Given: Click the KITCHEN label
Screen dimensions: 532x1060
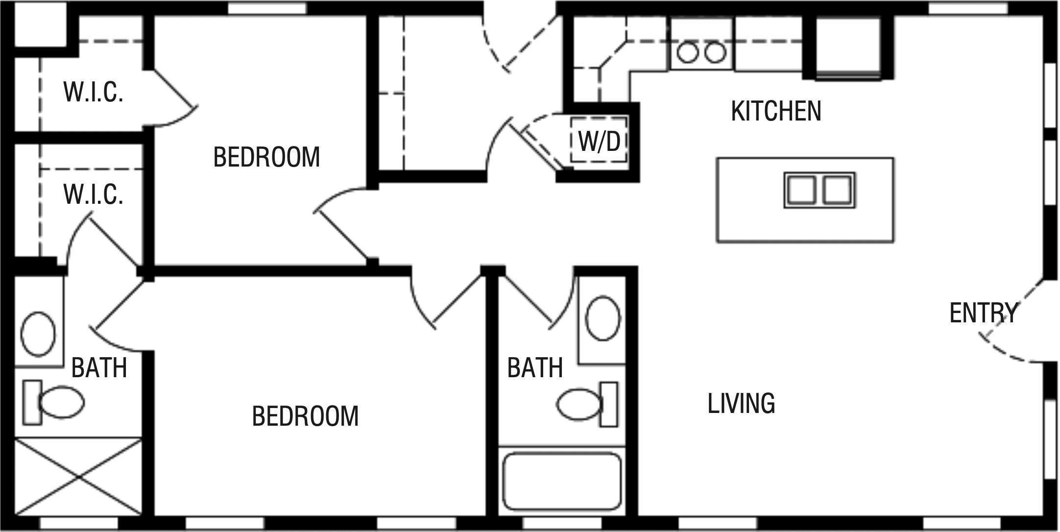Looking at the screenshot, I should (776, 111).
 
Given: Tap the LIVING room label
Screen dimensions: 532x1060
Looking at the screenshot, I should (741, 404).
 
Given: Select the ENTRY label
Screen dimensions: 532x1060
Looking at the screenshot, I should (983, 313).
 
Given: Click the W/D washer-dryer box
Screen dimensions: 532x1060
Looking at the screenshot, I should (599, 141).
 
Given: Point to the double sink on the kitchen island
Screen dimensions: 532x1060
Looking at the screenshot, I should (819, 190).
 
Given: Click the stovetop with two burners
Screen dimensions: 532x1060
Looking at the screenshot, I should (701, 52).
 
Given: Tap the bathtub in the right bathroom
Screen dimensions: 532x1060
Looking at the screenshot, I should (562, 481).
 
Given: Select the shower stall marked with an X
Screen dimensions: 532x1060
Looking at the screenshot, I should (78, 477).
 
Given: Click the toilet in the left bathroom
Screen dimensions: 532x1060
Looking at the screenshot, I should (54, 402).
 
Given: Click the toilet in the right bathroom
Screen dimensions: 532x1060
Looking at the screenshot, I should (586, 404).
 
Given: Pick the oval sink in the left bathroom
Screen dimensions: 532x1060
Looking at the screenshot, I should (38, 334).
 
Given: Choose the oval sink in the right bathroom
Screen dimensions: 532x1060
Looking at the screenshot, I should (603, 318).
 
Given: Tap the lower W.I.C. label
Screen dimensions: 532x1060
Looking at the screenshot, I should (93, 194).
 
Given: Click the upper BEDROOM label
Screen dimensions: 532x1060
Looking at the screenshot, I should (266, 157).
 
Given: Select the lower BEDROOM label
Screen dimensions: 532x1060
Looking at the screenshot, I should (305, 416).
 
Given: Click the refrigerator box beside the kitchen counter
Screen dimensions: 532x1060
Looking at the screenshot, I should (848, 47).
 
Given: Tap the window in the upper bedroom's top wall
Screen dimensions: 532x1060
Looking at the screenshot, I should (267, 8).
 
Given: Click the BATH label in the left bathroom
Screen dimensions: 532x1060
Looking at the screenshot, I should (99, 368).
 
